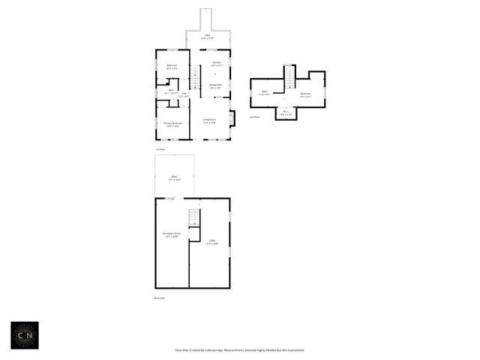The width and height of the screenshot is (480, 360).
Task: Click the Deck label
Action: [x=208, y=36]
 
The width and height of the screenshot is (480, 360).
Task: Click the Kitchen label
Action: [x=216, y=64]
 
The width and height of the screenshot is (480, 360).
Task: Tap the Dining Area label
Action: [x=215, y=86]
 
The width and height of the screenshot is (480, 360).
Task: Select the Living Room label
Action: [x=208, y=120]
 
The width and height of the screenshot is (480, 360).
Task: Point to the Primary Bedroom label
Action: [x=172, y=124]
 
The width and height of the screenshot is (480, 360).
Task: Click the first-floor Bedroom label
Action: [x=172, y=66]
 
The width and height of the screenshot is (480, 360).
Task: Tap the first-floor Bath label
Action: [x=171, y=91]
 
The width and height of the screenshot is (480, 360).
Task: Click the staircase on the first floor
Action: [x=195, y=77]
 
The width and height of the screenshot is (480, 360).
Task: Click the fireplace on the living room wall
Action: [x=232, y=118]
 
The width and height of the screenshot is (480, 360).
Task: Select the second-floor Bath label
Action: [x=263, y=94]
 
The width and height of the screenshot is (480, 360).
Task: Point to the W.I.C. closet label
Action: [x=286, y=113]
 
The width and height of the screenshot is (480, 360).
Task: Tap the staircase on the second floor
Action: [x=289, y=76]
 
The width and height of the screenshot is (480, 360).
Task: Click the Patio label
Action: [x=175, y=178]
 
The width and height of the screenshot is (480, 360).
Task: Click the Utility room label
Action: [x=212, y=241]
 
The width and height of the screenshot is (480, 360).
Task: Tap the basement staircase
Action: [x=194, y=218]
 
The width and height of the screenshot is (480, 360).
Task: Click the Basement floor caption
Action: [x=159, y=298]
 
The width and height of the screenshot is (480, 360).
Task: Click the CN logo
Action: [x=24, y=334]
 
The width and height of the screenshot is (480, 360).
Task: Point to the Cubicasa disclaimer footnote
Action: [x=239, y=350]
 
